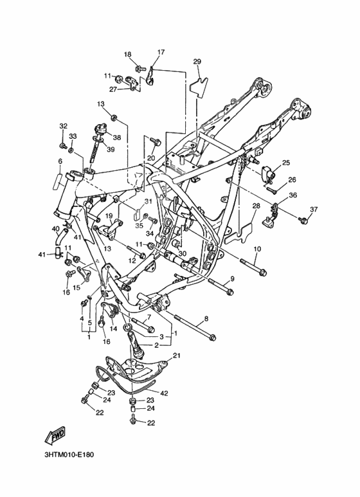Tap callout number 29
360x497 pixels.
pos(197,62)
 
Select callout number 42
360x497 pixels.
pos(164,393)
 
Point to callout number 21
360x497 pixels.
pos(177,356)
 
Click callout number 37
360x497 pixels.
pos(314,209)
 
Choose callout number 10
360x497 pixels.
pos(257,249)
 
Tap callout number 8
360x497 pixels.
pos(206,319)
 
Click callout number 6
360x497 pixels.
pos(60,161)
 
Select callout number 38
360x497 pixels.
pos(117,138)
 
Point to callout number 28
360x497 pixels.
pos(256,206)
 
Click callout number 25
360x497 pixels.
pos(286,163)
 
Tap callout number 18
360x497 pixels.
pos(127,55)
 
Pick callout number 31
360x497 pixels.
pos(148,201)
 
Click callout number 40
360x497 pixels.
pos(55,228)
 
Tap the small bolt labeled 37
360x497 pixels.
pos(304,220)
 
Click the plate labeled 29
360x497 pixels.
pos(199,85)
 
